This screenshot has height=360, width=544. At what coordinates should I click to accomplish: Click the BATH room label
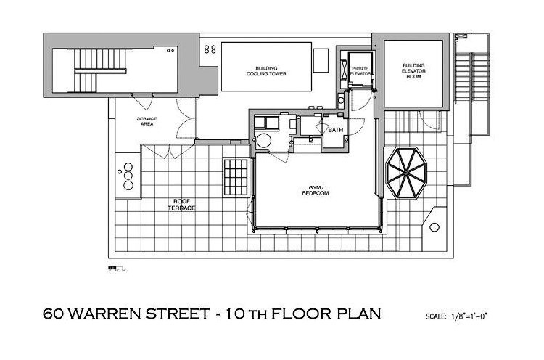point(336,130)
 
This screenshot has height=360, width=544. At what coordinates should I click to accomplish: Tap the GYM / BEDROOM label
point(316,190)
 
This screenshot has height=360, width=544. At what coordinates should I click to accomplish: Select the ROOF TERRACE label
point(182,205)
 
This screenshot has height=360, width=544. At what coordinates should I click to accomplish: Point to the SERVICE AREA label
point(147,121)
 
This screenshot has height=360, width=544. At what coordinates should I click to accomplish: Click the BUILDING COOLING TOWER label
point(266,71)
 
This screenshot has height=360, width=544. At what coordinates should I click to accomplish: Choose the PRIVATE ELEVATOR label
point(360,71)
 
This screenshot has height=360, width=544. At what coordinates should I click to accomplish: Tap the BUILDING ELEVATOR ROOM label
point(413,71)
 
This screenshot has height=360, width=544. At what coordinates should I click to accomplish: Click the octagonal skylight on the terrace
point(406,173)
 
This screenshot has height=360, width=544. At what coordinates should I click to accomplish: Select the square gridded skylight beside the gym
point(236,177)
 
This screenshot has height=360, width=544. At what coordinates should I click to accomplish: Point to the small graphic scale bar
point(118,269)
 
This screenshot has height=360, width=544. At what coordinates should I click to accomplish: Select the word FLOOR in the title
point(302,314)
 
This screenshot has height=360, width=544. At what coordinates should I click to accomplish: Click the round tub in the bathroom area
point(264,141)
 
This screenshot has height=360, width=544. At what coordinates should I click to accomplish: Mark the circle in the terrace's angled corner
point(434,227)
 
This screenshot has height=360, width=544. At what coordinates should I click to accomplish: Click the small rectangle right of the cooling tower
point(321,60)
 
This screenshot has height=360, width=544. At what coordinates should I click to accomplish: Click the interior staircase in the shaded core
point(100,70)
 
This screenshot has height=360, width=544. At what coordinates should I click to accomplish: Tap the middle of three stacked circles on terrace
point(128,176)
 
